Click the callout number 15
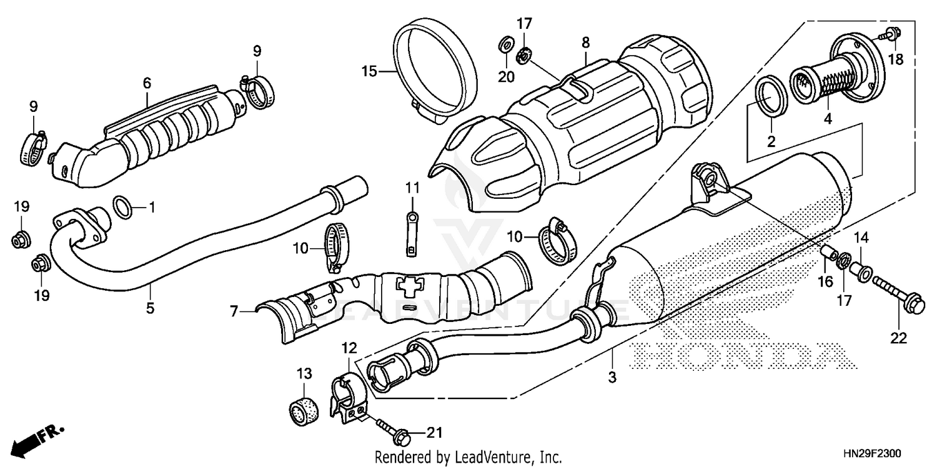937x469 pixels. tap(369, 72)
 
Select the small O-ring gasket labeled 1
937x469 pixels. tap(124, 207)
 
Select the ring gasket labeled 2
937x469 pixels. tap(771, 96)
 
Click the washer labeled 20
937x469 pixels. tap(505, 46)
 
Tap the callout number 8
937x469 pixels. tap(585, 43)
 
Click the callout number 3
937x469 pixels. tap(612, 377)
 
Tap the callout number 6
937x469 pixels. tap(147, 83)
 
